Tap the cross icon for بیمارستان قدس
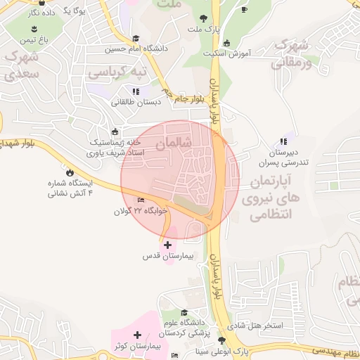click(x=167, y=245)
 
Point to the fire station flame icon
click(x=69, y=172)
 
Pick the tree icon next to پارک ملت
click(x=203, y=18)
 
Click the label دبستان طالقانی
click(x=136, y=102)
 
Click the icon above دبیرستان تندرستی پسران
click(x=283, y=141)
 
